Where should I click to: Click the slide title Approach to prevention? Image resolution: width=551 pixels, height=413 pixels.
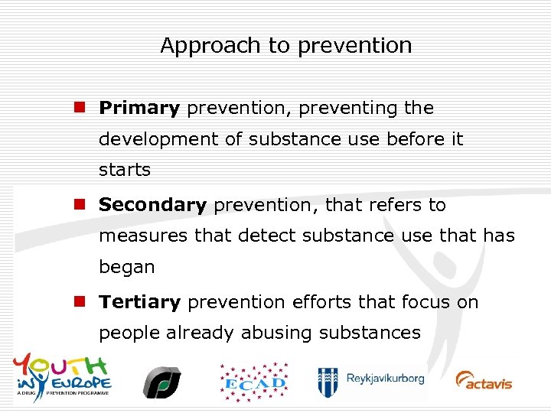point(285,46)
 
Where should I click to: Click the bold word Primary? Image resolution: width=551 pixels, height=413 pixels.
point(139,109)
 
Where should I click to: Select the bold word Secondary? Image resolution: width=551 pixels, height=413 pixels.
point(153,206)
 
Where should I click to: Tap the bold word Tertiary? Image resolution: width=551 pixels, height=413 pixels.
point(140,303)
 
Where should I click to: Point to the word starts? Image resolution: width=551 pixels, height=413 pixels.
point(125,170)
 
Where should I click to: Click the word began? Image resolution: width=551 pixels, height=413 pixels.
point(127,268)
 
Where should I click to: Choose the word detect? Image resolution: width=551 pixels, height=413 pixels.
point(264,236)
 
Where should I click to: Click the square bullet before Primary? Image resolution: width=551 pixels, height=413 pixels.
point(79,108)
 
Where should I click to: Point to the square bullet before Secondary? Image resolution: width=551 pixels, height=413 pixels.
point(79,205)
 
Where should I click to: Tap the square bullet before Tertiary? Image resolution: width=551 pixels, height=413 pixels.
point(79,302)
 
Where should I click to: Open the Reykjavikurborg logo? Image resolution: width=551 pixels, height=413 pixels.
point(371,380)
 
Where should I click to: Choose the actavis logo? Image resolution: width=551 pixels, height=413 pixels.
point(484,380)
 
